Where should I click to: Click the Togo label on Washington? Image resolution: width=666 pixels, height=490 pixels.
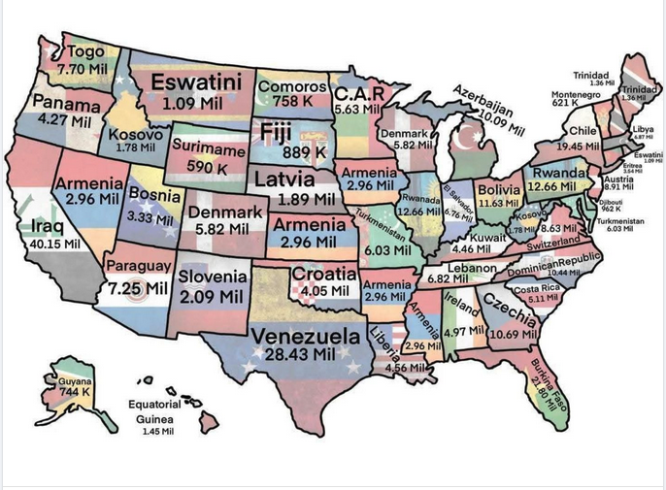tap(86, 52)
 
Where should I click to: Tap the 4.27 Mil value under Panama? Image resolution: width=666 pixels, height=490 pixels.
tap(65, 119)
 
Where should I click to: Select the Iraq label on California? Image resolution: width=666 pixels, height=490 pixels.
tap(34, 227)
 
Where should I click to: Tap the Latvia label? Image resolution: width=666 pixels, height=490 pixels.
tap(283, 180)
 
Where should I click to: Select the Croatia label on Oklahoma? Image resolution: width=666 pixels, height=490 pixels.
tap(325, 274)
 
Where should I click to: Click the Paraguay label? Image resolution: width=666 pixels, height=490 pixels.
tap(139, 266)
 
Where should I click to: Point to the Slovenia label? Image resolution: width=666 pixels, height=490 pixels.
tap(213, 277)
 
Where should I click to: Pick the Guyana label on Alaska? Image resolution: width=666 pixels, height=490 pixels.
tap(69, 381)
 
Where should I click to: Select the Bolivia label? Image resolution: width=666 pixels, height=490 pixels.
tap(499, 189)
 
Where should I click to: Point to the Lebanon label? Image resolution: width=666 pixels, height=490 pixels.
tap(472, 267)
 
